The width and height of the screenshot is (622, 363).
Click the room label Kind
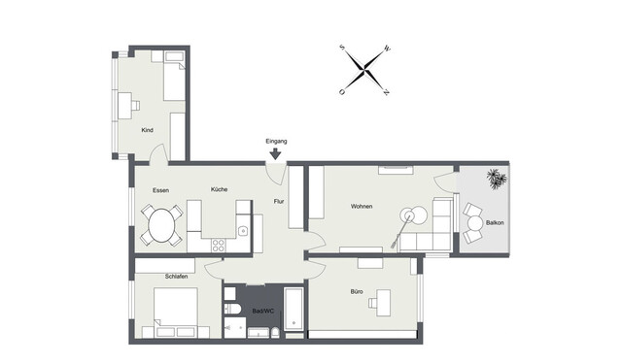pyautogui.click(x=148, y=129)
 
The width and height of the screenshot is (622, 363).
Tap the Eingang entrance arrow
pyautogui.click(x=276, y=152)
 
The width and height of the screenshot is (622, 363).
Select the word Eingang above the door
pyautogui.click(x=276, y=141)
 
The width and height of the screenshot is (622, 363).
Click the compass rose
pyautogui.click(x=364, y=70)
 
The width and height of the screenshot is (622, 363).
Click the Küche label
pyautogui.click(x=219, y=189)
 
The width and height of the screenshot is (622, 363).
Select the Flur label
pyautogui.click(x=278, y=202)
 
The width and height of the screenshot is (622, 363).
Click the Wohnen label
pyautogui.click(x=363, y=207)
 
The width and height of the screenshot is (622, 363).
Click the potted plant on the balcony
pyautogui.click(x=496, y=179)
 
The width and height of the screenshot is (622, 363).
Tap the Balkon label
pyautogui.click(x=495, y=222)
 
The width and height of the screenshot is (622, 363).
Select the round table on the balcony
pyautogui.click(x=473, y=222)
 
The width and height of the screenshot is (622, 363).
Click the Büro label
pyautogui.click(x=358, y=291)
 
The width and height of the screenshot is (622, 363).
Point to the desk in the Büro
pyautogui.click(x=379, y=304)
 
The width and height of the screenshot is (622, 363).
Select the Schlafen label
pyautogui.click(x=176, y=277)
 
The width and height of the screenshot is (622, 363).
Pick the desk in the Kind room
pyautogui.click(x=126, y=102)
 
